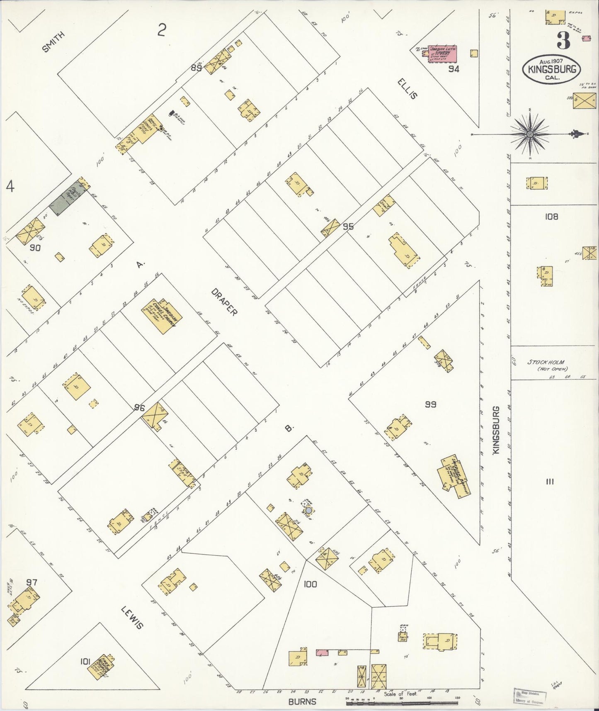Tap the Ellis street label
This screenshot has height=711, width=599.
click(408, 88)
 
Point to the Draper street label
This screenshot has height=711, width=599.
click(224, 302)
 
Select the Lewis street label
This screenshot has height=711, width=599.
click(132, 617)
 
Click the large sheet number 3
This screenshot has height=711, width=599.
click(563, 41)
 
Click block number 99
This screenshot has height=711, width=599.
click(431, 404)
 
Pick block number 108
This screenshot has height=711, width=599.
click(552, 216)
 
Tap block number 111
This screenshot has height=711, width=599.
click(550, 482)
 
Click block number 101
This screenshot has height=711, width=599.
click(85, 662)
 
